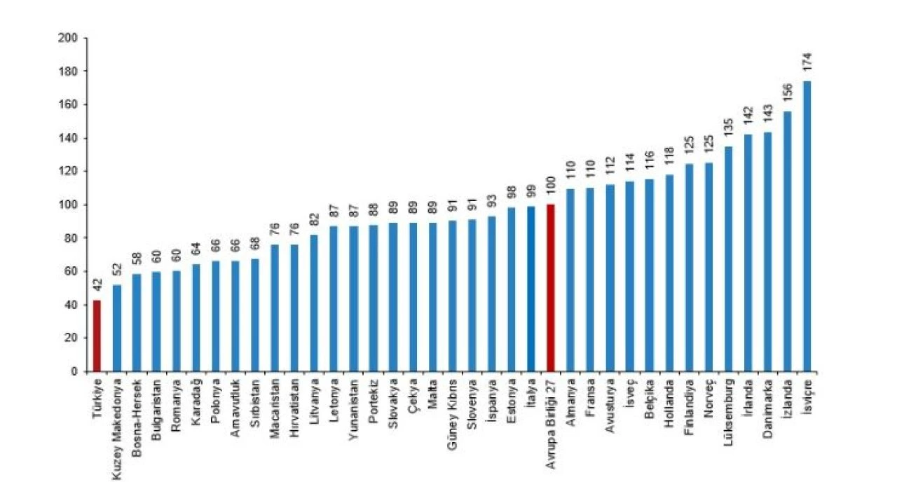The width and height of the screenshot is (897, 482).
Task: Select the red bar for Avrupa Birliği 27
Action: (550, 288)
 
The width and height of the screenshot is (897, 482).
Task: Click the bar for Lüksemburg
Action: (728, 259)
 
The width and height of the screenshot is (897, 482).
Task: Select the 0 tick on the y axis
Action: (73, 371)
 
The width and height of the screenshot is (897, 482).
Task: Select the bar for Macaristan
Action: (275, 308)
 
